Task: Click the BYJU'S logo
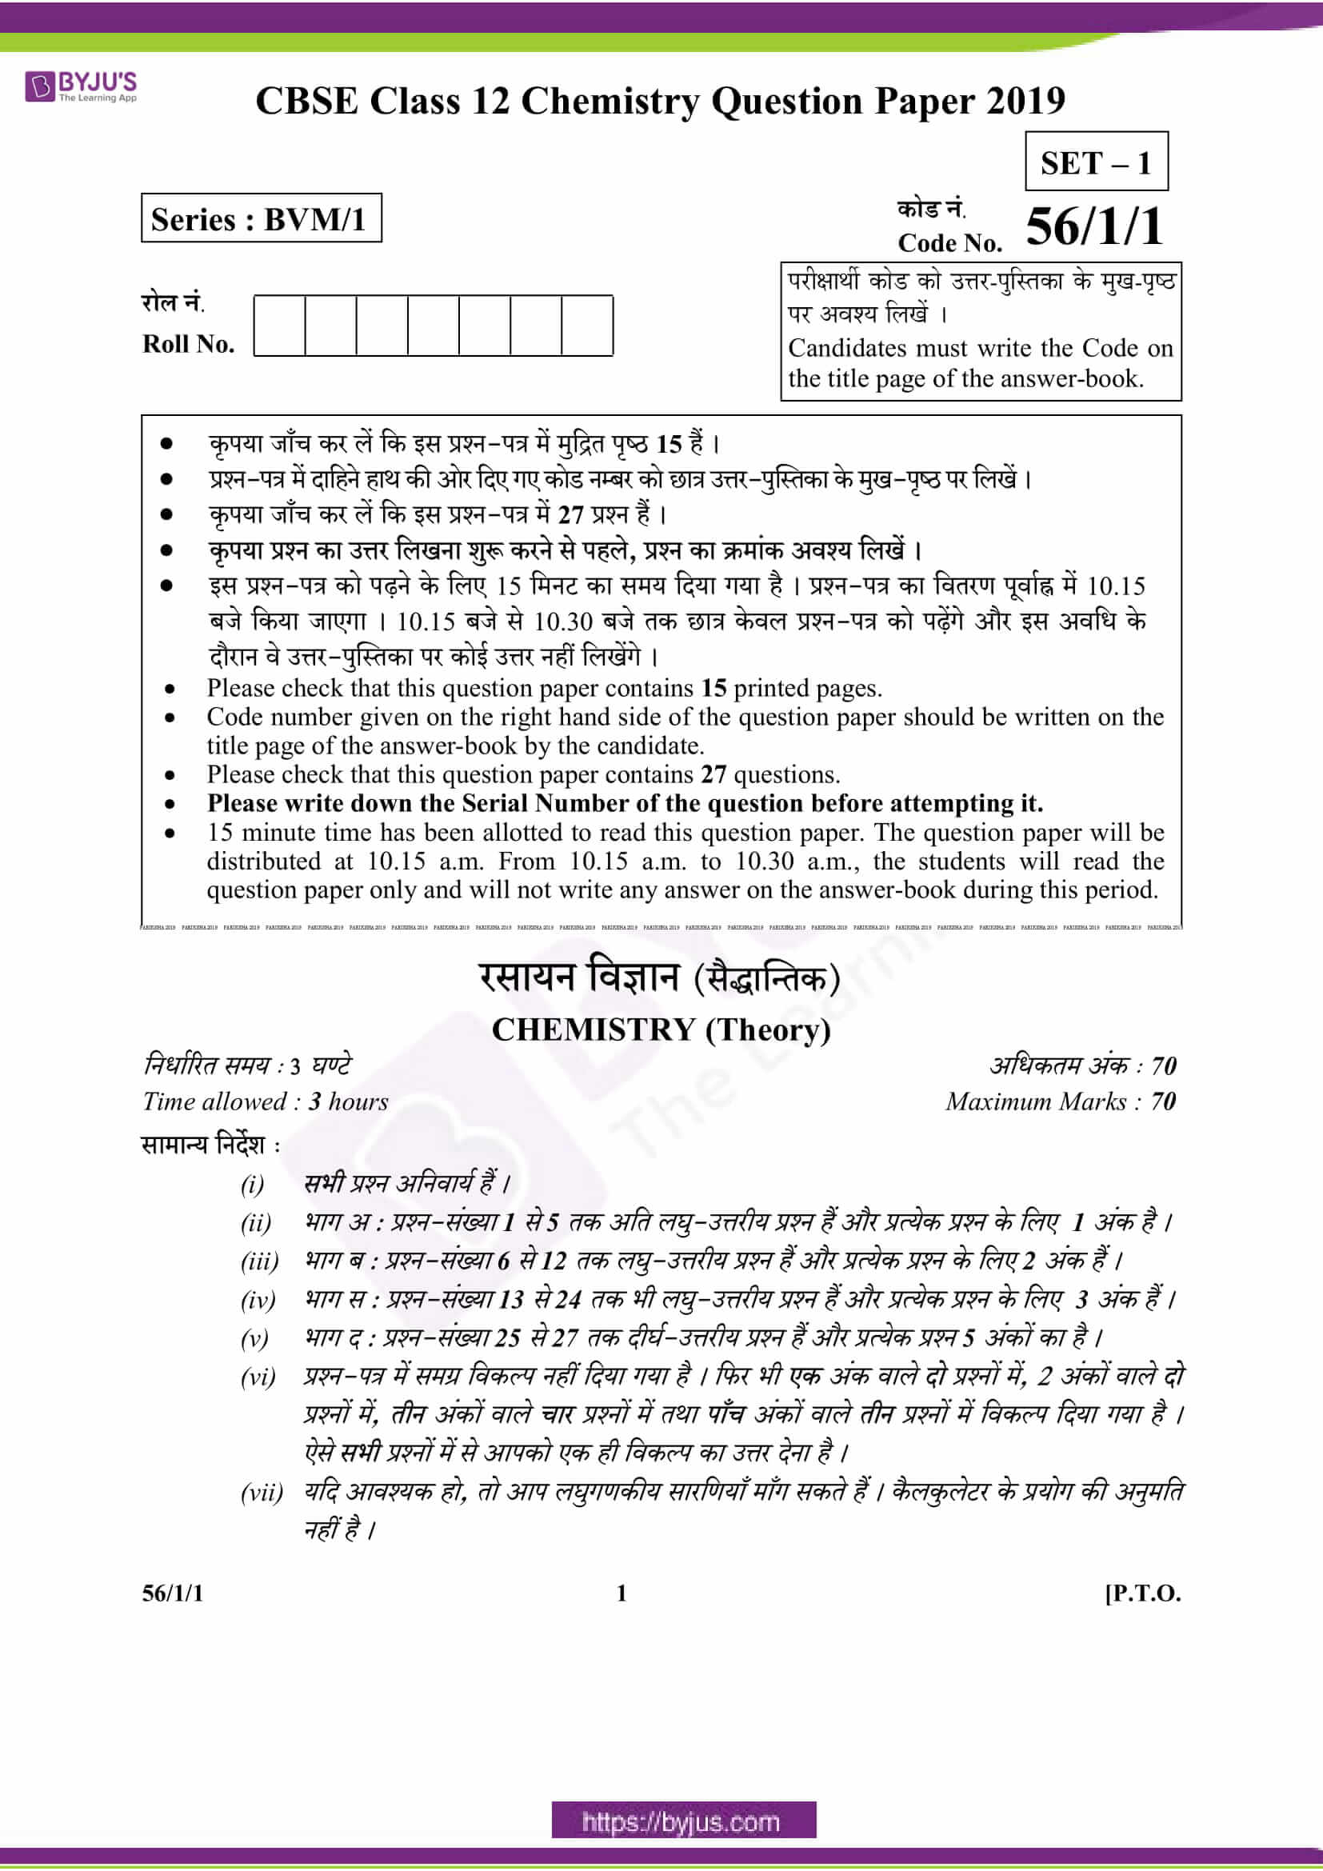[x=81, y=86]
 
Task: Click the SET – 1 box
[x=1096, y=162]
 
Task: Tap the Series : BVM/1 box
[x=261, y=218]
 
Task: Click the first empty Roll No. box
[x=279, y=326]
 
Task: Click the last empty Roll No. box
[x=586, y=326]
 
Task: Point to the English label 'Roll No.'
[x=188, y=344]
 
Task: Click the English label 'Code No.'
[x=949, y=243]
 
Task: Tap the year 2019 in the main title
[x=1025, y=102]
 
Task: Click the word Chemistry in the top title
[x=610, y=102]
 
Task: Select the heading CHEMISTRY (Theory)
[x=661, y=1030]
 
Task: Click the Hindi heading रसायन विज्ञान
[x=579, y=977]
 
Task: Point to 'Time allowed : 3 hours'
[x=266, y=1101]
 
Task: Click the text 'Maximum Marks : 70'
[x=1060, y=1101]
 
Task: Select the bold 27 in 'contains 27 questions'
[x=713, y=774]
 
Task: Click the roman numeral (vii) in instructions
[x=262, y=1493]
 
